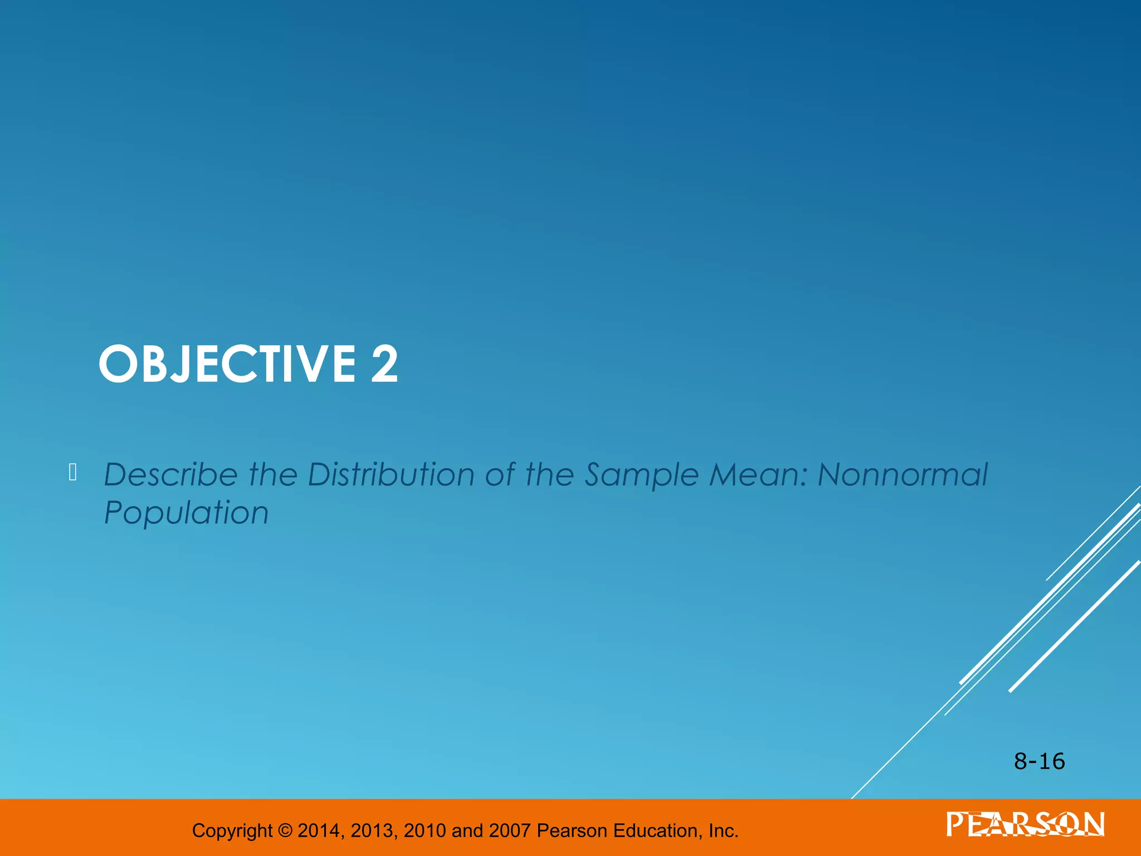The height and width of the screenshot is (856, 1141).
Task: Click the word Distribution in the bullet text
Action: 392,475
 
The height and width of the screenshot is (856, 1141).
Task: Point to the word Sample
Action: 641,475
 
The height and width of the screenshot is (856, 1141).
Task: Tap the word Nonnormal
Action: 903,475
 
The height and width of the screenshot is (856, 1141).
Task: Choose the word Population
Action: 187,513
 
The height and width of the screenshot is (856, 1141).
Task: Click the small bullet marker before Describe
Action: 72,473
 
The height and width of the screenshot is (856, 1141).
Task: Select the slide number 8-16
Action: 1039,761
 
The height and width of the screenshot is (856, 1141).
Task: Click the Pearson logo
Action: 1025,824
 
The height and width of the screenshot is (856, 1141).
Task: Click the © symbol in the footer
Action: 285,831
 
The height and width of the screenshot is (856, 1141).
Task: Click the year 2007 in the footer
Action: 509,831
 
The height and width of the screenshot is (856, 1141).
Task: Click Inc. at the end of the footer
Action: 723,831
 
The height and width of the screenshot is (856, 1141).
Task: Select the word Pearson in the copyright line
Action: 572,831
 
